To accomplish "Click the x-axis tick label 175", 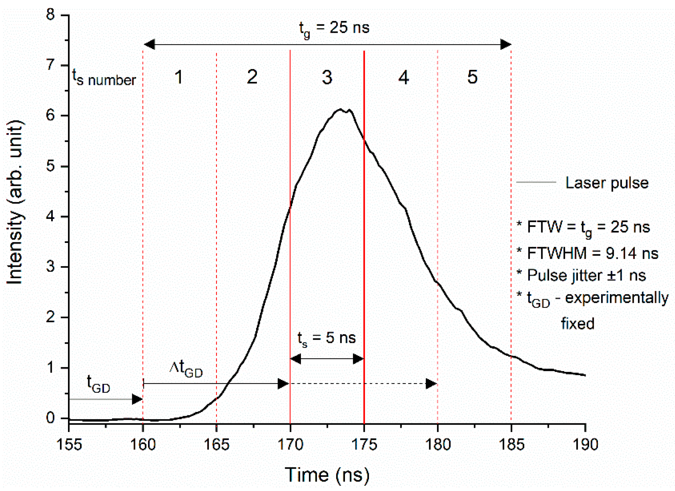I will point(364,445).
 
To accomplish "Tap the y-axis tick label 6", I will point(50,115).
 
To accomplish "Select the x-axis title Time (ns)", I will point(327,475).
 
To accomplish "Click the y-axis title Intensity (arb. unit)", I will point(15,202).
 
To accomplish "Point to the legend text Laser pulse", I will point(607,183).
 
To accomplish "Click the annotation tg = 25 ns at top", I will point(334,29).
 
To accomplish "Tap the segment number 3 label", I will point(327,78).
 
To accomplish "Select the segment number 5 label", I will point(472,77).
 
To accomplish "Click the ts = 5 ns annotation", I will point(326,338).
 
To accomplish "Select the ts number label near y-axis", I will point(104,78).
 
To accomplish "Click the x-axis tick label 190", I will point(585,445).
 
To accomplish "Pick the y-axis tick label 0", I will point(50,418).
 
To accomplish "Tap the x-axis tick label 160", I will point(143,445).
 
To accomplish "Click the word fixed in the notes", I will point(578,324).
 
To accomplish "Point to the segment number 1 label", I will point(178,78).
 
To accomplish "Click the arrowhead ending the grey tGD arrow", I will point(137,399).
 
